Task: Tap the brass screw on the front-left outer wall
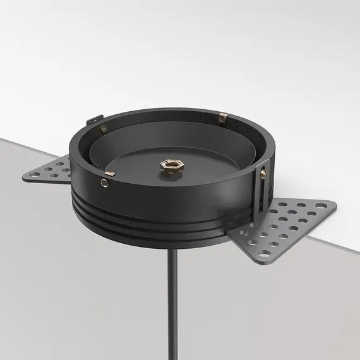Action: pos(104,183)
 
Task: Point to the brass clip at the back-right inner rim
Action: pos(222,117)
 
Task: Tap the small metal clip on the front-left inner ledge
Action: pos(110,172)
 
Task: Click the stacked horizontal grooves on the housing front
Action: pos(158,215)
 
